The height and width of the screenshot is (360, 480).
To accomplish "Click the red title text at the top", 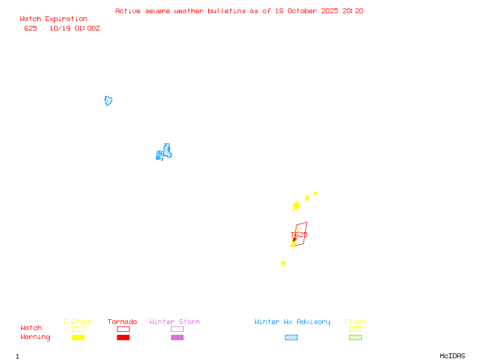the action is (239, 11).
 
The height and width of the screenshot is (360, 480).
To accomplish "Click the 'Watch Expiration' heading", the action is (53, 19).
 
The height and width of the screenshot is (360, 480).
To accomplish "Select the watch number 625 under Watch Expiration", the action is (31, 28).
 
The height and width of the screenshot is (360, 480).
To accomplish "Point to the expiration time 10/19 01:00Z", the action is (74, 28).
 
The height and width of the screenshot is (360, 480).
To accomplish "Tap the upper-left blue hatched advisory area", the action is (109, 101).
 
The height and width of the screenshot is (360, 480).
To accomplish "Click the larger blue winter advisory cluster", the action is (164, 152).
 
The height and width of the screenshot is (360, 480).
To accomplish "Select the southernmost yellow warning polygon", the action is (283, 263).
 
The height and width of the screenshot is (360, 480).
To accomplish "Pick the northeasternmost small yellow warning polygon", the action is (315, 193).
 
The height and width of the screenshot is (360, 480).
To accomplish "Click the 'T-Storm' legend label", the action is (77, 322).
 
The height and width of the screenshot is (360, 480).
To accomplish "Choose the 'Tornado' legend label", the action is (122, 322).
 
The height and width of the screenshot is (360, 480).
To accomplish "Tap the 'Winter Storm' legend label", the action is (175, 322).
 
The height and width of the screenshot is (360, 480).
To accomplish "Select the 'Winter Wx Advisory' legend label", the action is (292, 322).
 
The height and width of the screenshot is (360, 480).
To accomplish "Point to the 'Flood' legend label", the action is (355, 322).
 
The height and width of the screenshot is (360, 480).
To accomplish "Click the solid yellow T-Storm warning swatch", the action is (78, 337).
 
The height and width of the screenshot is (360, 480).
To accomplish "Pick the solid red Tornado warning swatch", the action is (123, 337).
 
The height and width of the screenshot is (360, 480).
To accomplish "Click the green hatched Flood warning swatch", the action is (355, 337).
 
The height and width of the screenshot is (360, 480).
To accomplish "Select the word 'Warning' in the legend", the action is (35, 337).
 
